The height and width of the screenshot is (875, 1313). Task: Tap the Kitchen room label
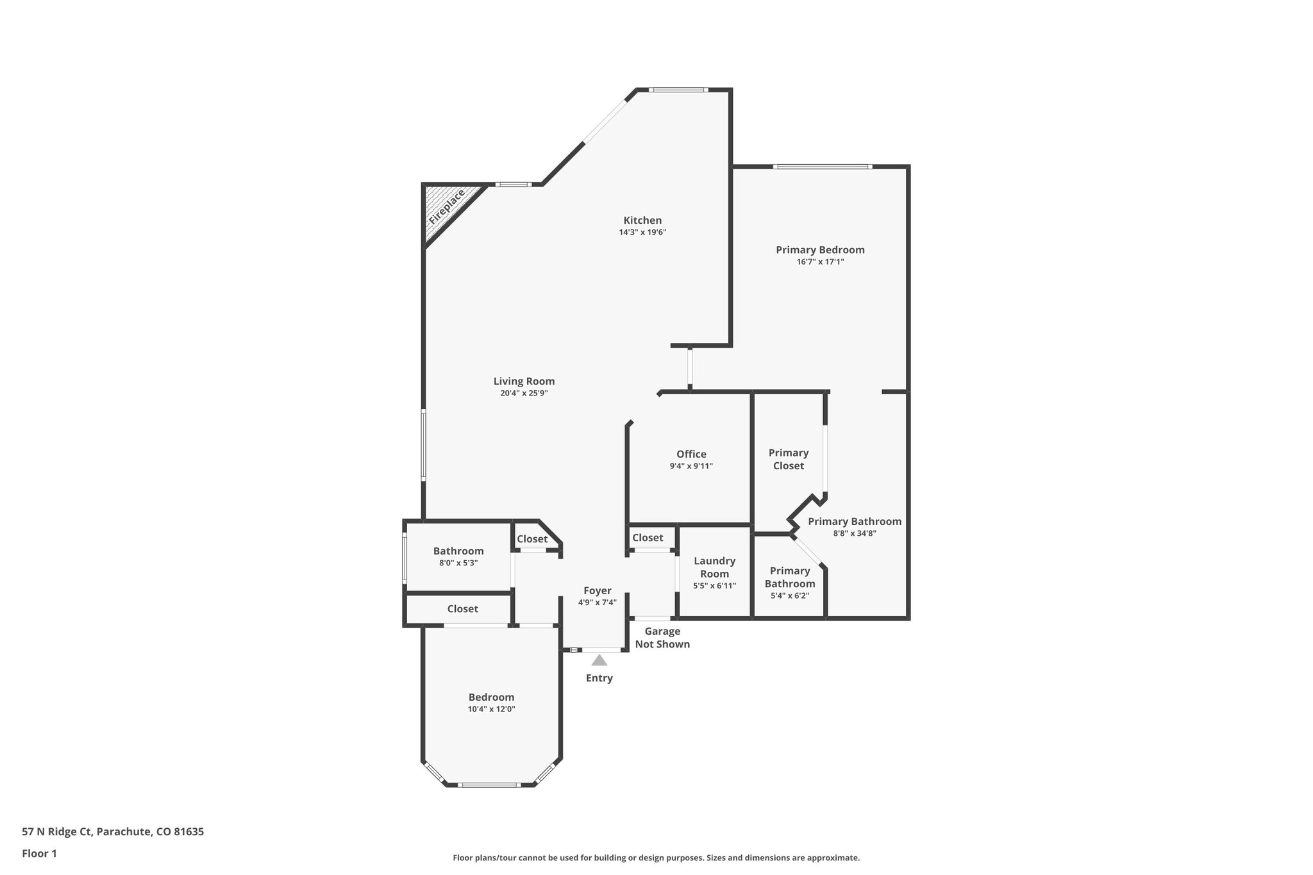coord(642,221)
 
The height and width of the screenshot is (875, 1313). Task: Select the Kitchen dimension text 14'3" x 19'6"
coord(642,233)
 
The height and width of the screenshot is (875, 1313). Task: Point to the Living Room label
coord(524,381)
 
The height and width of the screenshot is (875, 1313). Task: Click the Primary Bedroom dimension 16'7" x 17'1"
coord(820,262)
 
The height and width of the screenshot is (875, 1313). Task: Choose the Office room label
coord(691,454)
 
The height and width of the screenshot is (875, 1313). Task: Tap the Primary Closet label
coord(789,459)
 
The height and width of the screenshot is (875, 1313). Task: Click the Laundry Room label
coord(714,567)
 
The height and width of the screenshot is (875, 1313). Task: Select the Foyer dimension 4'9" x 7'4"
coord(597,603)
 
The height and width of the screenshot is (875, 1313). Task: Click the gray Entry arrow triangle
coord(599,660)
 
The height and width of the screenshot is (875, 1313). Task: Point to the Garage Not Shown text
coord(662,638)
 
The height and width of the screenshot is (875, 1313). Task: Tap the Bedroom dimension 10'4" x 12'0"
coord(491,709)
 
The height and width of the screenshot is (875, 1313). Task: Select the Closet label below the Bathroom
coord(462,609)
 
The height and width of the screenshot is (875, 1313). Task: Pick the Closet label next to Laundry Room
coord(648,538)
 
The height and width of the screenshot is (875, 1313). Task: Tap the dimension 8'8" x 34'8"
coord(855,533)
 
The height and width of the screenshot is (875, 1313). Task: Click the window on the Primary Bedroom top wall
coord(822,167)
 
